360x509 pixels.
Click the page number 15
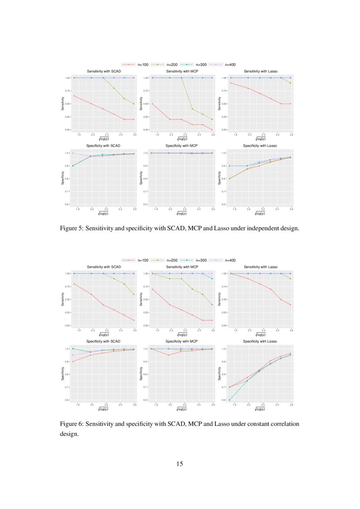coord(180,464)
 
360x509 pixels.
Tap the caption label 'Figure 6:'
coord(72,424)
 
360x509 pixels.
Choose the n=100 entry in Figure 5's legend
coord(143,64)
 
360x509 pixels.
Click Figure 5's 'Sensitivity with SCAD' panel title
coord(104,71)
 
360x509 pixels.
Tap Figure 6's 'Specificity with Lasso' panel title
coord(260,341)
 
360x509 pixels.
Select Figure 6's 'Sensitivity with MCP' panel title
coord(182,266)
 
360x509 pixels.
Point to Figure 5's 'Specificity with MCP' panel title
coord(182,145)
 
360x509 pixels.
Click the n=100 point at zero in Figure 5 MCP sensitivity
coord(212,130)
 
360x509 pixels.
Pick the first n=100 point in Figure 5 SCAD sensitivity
coord(74,96)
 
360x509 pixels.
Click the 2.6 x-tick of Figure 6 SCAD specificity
coord(134,405)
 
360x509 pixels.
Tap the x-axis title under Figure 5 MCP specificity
coord(182,213)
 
